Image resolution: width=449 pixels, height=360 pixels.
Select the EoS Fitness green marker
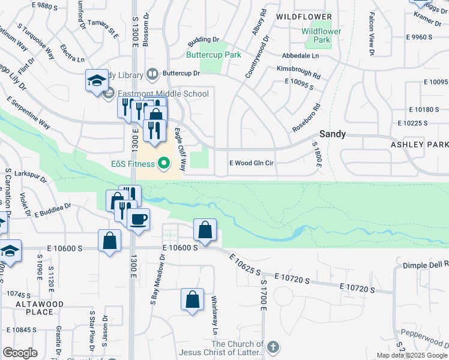click(163, 163)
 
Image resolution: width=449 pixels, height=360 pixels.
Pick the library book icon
click(152, 74)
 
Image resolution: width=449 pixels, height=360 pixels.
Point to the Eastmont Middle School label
click(163, 94)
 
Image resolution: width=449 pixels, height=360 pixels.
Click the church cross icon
click(273, 347)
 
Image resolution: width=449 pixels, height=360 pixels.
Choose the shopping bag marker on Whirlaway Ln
click(192, 299)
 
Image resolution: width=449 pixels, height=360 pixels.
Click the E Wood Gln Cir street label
click(252, 163)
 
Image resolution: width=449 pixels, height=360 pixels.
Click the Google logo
click(20, 353)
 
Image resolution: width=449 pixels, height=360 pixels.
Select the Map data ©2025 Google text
click(411, 355)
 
